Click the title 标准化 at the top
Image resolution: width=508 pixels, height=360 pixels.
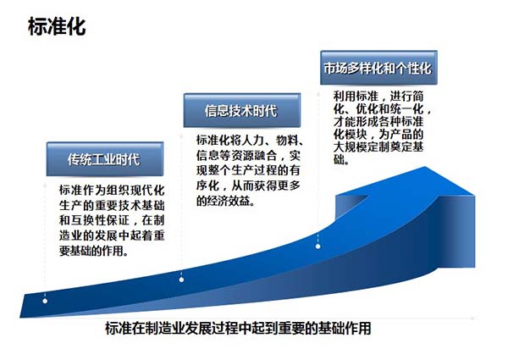point(57,26)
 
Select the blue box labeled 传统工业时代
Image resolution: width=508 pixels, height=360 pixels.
point(105,159)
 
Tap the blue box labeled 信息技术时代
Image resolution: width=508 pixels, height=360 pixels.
point(241,110)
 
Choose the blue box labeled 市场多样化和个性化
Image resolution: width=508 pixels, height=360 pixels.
point(378,68)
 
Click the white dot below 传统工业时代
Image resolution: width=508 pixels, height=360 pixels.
point(45,301)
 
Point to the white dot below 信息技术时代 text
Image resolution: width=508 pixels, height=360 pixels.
point(181,280)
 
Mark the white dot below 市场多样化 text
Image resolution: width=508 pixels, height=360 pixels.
point(318,246)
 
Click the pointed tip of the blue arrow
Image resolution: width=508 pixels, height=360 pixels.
point(425,167)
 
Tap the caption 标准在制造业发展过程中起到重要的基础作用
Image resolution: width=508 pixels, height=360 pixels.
point(238,329)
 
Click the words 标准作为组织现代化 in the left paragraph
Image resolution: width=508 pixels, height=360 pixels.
point(112,191)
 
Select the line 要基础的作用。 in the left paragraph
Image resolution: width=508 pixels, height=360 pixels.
point(93,251)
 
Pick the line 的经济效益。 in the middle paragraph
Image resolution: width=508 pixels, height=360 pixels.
point(225,202)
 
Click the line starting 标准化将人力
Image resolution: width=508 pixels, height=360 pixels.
point(250,141)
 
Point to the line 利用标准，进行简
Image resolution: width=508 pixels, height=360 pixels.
point(378,97)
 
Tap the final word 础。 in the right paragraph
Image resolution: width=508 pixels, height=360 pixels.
point(341,159)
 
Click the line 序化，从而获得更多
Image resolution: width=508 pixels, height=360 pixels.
point(248,186)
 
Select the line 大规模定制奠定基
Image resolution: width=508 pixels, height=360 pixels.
point(378,147)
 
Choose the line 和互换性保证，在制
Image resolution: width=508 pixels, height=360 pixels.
point(112,220)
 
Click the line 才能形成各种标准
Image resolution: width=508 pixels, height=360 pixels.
point(378,121)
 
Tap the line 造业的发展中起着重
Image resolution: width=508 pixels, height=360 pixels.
point(112,235)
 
